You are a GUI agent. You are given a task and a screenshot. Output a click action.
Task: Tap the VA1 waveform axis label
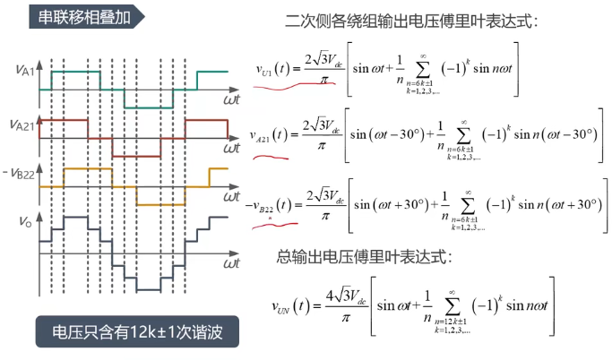(x=27, y=70)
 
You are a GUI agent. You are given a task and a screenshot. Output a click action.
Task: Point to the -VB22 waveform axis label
(x=24, y=171)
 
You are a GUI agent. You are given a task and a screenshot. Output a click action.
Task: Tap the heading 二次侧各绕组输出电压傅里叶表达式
(x=412, y=20)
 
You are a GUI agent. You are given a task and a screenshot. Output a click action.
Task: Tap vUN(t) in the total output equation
(x=293, y=305)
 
